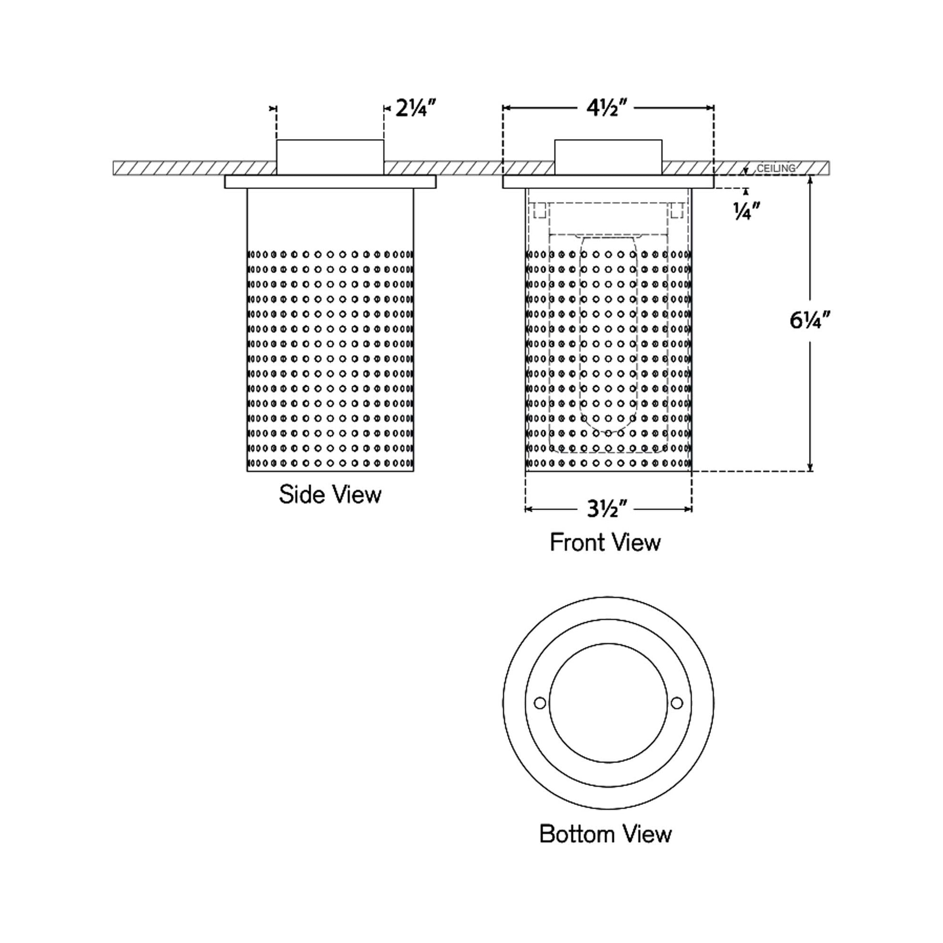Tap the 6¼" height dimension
click(810, 321)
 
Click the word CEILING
click(776, 169)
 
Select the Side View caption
click(330, 494)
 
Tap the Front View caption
click(605, 542)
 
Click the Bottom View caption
click(605, 834)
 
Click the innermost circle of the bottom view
click(608, 703)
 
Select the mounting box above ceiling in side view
click(330, 157)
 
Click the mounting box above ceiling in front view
click(608, 157)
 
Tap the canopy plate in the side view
click(330, 182)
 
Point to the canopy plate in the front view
click(608, 182)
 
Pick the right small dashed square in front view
click(676, 211)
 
